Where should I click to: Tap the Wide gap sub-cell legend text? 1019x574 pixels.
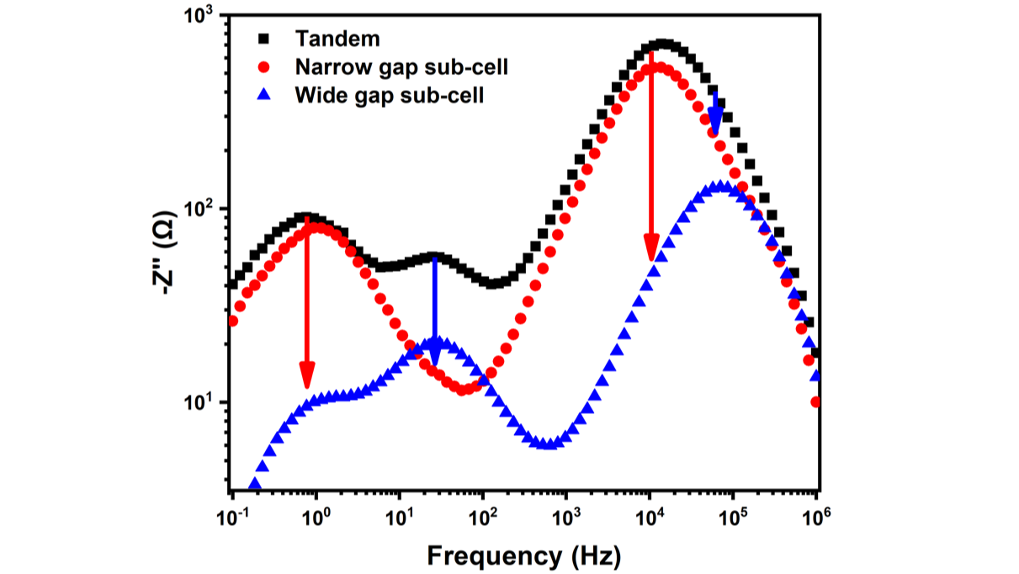point(389,95)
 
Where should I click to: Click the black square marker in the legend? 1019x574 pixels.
point(266,39)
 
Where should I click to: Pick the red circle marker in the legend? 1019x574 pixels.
point(266,67)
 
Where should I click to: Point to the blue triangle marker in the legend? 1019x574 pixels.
point(266,95)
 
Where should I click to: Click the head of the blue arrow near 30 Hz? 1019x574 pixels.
point(434,356)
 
